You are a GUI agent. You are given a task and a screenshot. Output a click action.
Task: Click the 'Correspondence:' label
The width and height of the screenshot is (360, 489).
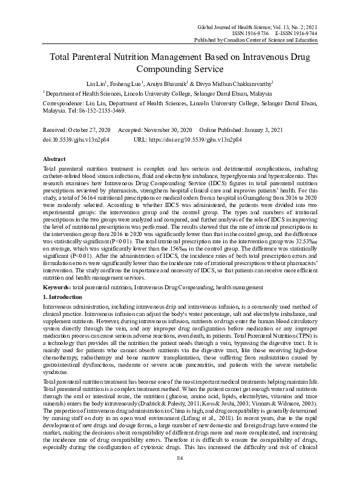(x=64, y=103)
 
